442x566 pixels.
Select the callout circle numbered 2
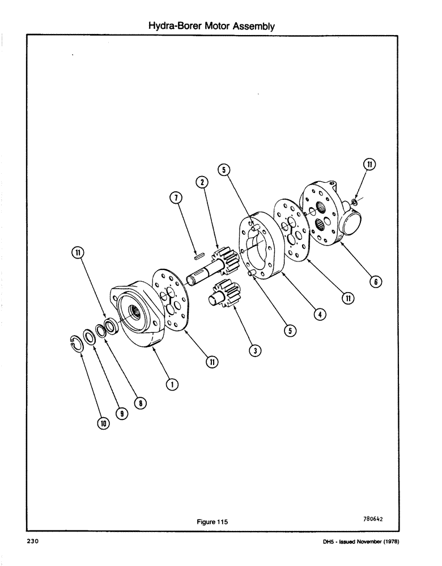pyautogui.click(x=201, y=182)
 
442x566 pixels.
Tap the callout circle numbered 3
pyautogui.click(x=256, y=351)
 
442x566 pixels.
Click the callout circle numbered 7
pyautogui.click(x=176, y=198)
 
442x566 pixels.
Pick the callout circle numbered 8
pyautogui.click(x=142, y=402)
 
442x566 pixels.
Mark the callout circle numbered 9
pyautogui.click(x=120, y=414)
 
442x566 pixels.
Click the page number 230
pyautogui.click(x=32, y=542)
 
